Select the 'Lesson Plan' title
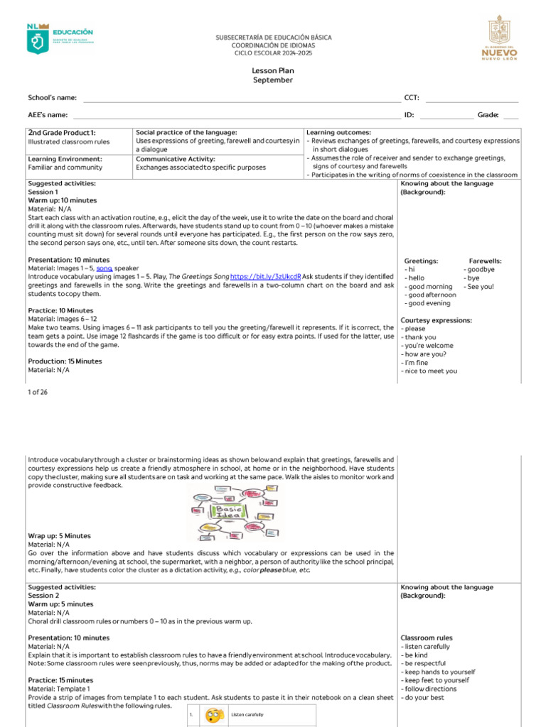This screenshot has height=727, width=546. [x=273, y=71]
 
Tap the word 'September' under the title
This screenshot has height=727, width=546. [x=273, y=80]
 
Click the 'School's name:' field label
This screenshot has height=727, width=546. [x=53, y=98]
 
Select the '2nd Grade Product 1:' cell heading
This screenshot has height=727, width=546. [x=62, y=133]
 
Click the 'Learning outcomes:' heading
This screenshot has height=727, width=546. [x=338, y=133]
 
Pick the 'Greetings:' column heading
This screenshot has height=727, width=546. [x=421, y=261]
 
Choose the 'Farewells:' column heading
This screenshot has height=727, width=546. [x=486, y=261]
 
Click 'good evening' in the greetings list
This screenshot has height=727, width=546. [x=428, y=303]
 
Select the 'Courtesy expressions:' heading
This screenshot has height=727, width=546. [x=436, y=320]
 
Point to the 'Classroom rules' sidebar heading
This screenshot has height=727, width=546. [x=427, y=638]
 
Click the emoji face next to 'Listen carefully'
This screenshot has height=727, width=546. [x=212, y=715]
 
